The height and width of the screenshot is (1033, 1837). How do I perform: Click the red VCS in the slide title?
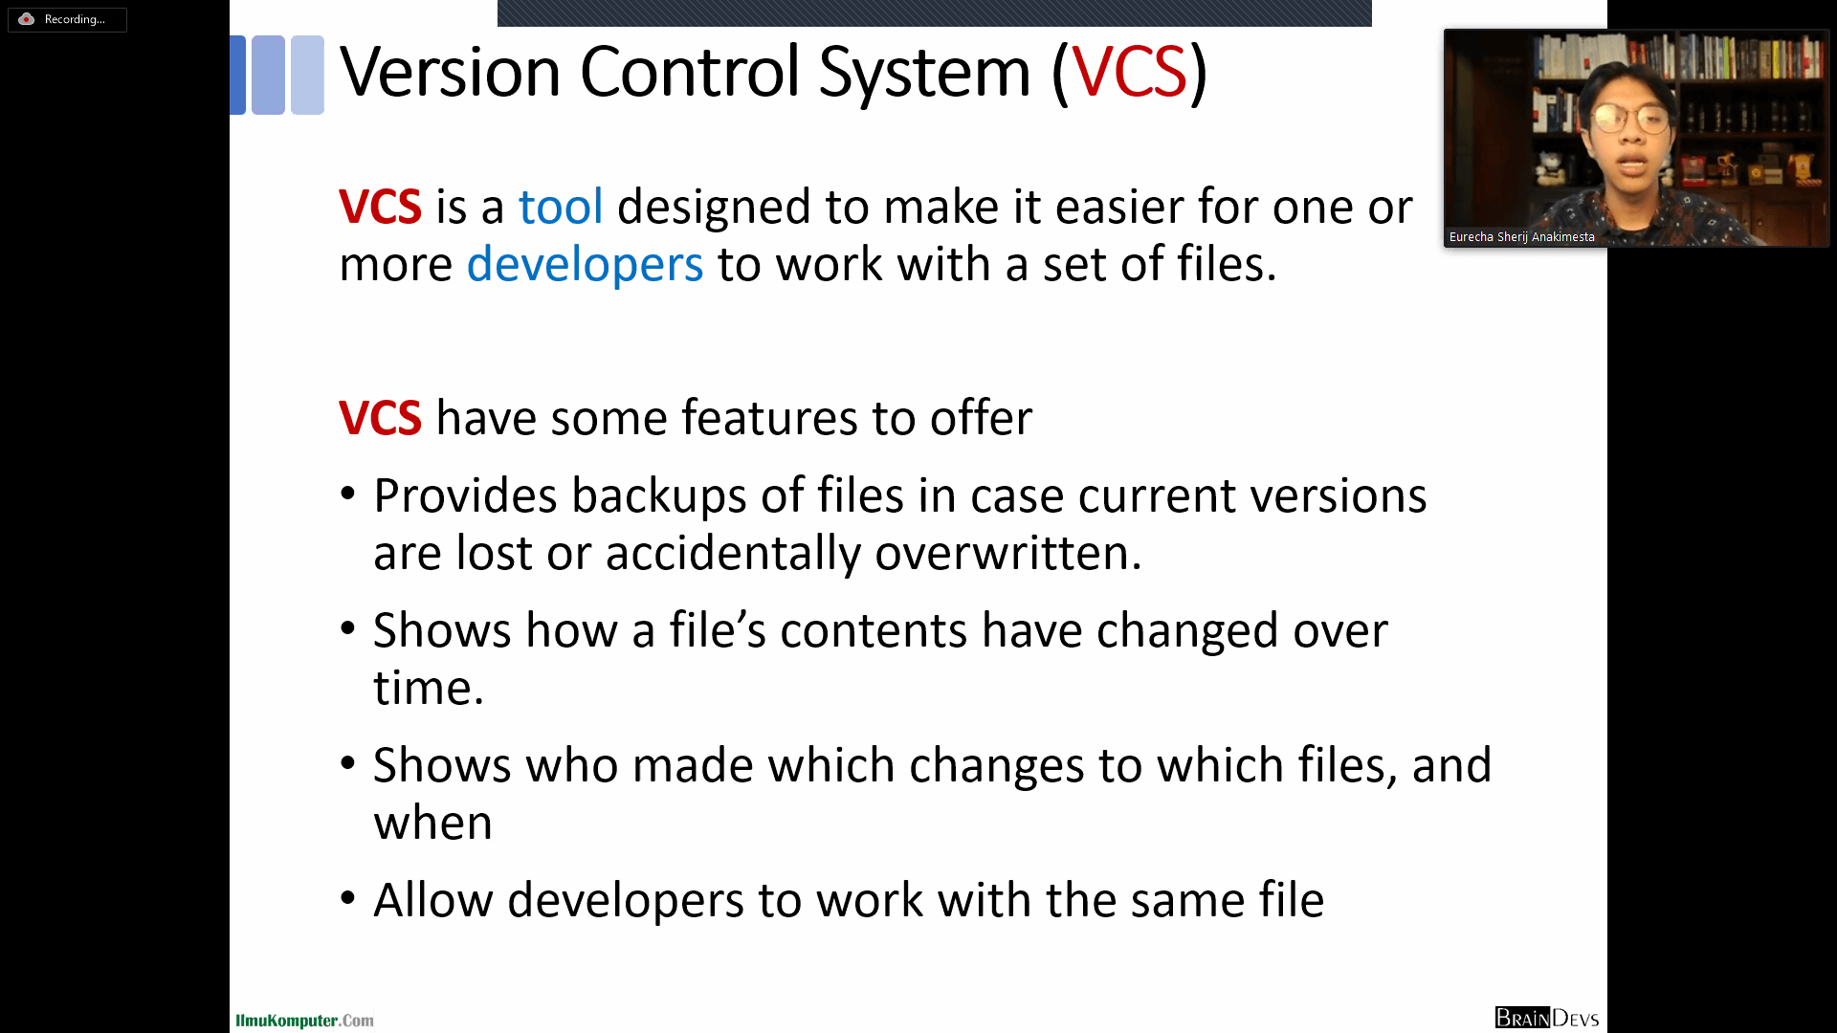point(1129,72)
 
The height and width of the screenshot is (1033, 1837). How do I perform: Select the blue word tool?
point(561,207)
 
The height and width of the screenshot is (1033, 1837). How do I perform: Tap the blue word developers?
point(585,266)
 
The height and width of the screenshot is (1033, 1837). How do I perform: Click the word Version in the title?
point(450,72)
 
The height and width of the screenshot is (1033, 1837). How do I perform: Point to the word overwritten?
point(1008,553)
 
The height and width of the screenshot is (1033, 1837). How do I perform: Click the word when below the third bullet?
point(432,824)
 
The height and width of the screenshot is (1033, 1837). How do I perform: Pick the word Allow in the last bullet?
point(432,900)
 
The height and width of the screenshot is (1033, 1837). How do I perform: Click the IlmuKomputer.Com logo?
point(304,1021)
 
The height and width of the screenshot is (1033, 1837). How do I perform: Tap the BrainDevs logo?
point(1547,1018)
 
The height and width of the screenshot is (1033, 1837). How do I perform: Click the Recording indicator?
point(67,19)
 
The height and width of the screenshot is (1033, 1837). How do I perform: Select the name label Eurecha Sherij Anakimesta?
point(1521,236)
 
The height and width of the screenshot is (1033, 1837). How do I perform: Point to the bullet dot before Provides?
point(348,495)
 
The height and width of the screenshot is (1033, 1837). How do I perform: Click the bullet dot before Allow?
point(348,898)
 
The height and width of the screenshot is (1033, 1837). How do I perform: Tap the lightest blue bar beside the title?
point(307,75)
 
